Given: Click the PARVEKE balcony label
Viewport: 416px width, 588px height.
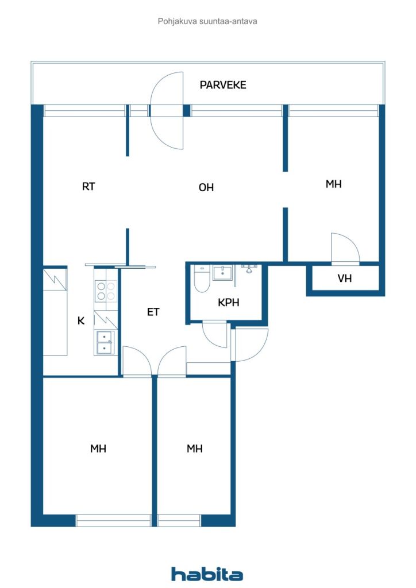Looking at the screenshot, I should click(223, 85).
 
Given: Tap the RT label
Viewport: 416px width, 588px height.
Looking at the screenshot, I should click(88, 186).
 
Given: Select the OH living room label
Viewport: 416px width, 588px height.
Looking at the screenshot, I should click(206, 187).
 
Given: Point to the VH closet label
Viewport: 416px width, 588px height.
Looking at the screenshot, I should click(345, 279).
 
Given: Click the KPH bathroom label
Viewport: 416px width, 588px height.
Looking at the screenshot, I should click(228, 303).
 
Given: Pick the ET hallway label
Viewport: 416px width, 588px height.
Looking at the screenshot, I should click(153, 312).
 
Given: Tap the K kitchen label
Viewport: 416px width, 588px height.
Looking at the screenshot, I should click(81, 321).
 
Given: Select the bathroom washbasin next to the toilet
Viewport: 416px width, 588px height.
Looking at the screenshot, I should click(222, 273).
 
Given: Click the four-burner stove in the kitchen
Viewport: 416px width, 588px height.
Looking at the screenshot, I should click(105, 291).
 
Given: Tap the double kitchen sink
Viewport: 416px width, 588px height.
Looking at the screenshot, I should click(105, 342).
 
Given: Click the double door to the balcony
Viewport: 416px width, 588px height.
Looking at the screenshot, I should click(167, 110).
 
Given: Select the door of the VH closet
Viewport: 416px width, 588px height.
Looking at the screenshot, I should click(345, 248).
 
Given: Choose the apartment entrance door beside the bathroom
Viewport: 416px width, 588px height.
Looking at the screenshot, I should click(251, 345).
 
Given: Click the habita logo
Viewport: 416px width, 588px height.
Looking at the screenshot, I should click(207, 574).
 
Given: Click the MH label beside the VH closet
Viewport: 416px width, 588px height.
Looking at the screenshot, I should click(334, 184).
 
